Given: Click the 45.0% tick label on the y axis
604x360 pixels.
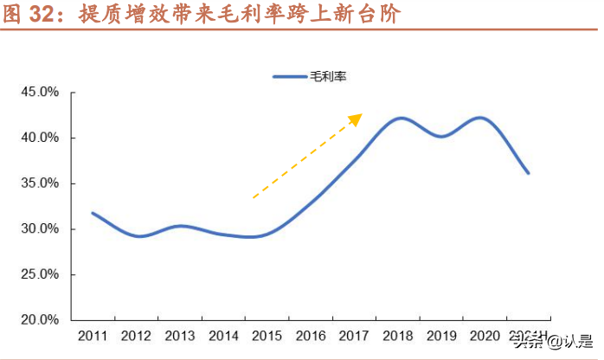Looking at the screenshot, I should [40, 93].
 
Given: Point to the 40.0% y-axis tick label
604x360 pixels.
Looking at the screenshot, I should [40, 138].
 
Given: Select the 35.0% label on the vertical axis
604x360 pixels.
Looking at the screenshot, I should [40, 183].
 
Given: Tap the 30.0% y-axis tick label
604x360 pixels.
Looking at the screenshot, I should [40, 229].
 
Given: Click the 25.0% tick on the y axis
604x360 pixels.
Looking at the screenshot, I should [40, 274].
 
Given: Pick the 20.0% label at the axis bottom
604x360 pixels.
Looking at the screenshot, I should [40, 320].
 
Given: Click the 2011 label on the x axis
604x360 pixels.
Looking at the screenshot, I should [93, 336].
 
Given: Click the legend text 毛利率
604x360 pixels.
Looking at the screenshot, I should [327, 76].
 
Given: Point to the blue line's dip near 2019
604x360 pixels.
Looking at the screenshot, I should [441, 136].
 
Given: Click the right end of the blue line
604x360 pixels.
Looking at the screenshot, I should [528, 173].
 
